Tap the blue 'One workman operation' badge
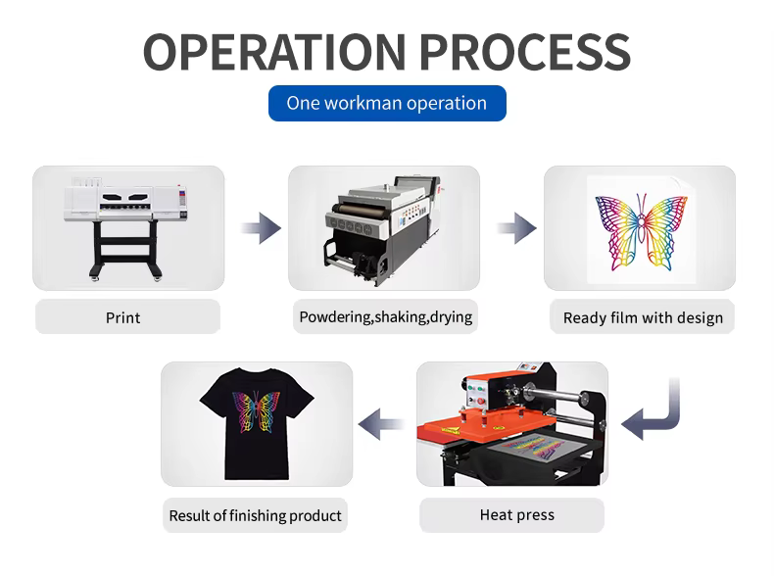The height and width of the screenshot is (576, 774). click(387, 103)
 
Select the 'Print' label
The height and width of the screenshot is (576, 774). click(123, 317)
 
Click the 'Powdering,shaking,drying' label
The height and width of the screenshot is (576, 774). click(386, 316)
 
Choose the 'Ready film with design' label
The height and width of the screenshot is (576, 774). click(643, 317)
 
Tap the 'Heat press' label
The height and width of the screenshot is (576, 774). click(516, 514)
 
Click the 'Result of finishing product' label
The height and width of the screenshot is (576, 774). click(256, 515)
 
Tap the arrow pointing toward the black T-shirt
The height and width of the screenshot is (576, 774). click(383, 424)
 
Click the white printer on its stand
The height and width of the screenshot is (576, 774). click(125, 221)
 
